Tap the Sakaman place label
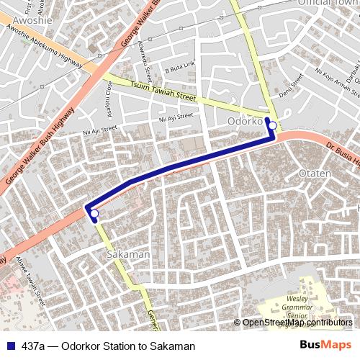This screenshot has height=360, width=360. tap(127, 254)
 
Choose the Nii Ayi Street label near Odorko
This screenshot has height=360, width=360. tap(176, 117)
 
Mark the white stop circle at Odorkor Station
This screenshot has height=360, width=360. tap(272, 126)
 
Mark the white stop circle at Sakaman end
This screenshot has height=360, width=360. tap(94, 213)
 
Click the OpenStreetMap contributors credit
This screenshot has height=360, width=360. tap(297, 323)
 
